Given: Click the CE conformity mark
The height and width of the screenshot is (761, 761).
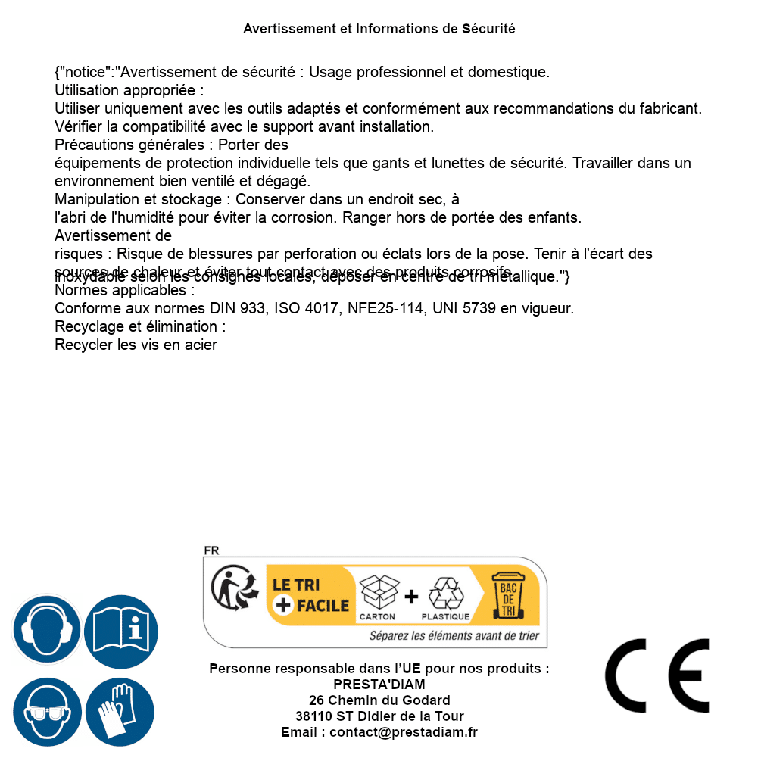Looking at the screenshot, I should (x=657, y=675).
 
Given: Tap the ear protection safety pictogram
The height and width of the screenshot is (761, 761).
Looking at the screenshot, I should (x=45, y=629).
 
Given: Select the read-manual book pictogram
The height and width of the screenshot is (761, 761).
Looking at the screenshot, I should (x=121, y=629).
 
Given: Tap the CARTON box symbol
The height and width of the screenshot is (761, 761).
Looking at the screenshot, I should (x=379, y=593).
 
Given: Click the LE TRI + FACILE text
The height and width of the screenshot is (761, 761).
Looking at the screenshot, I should (x=310, y=596).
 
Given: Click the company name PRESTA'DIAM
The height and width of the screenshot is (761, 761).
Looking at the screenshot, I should (x=379, y=685).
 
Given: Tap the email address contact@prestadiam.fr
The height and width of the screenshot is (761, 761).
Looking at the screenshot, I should (x=404, y=732).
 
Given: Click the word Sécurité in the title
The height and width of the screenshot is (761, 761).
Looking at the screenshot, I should (x=488, y=29).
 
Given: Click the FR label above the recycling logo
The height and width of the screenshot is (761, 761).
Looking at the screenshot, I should (x=211, y=550).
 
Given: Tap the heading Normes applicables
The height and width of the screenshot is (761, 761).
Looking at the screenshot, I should (x=125, y=291).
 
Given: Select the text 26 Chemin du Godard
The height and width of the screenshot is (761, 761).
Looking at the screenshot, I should (x=379, y=700).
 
